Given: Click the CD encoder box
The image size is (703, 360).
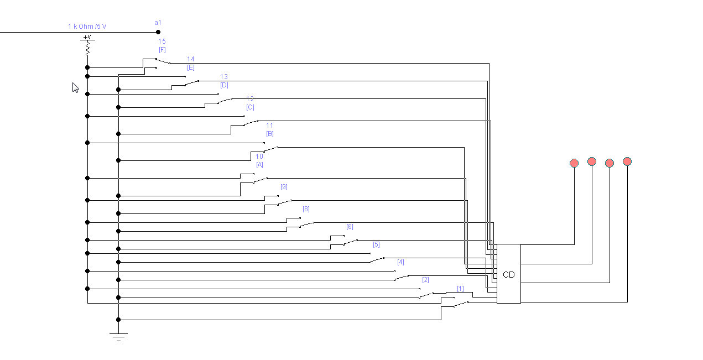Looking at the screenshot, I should (508, 274).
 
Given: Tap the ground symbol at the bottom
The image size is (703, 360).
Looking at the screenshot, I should (118, 335).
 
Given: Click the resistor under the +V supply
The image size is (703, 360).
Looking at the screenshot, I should (87, 49).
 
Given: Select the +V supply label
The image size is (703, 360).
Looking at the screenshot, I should (87, 37).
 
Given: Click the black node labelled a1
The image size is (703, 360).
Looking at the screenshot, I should (158, 32).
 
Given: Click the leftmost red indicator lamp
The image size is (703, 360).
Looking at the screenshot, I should (574, 163).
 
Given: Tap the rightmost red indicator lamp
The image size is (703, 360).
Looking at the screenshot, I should (627, 161).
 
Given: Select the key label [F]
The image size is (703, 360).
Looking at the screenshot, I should (162, 50).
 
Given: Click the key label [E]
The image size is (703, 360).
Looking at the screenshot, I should (191, 67).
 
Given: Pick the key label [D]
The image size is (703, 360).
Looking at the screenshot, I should (224, 85).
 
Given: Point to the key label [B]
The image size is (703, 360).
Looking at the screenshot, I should (270, 134).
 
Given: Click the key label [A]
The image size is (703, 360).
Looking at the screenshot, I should (259, 165).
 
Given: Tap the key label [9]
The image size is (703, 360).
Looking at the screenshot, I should (284, 187).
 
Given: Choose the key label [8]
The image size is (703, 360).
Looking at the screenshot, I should (306, 209).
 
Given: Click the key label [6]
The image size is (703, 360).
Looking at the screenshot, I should (350, 227).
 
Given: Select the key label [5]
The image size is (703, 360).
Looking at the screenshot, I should (376, 244).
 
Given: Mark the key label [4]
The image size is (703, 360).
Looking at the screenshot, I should (400, 262).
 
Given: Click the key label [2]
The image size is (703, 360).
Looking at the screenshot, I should (425, 280).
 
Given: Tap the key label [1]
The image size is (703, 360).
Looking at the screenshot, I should (460, 289).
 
